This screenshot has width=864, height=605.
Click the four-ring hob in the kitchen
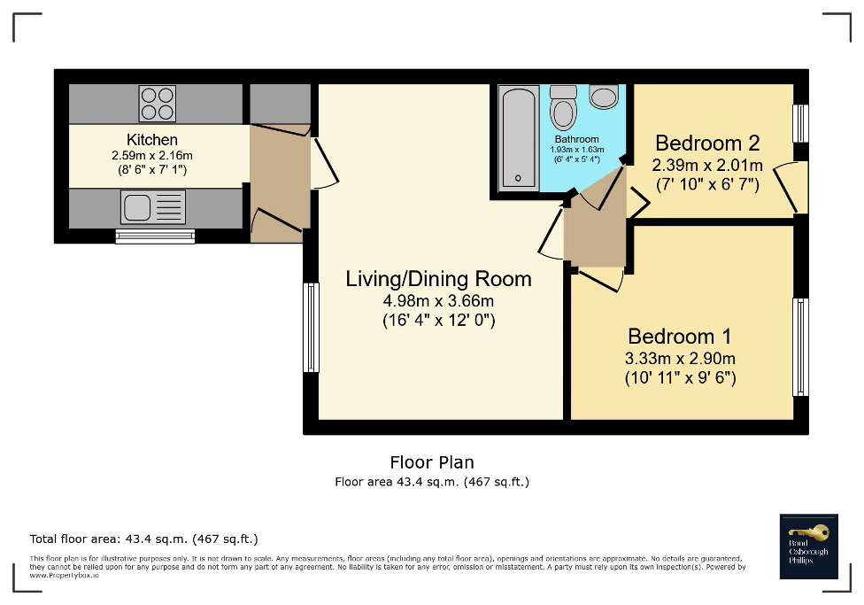[x=158, y=103]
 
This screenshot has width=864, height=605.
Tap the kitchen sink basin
[x=137, y=208]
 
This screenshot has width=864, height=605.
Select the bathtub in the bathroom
[x=517, y=138]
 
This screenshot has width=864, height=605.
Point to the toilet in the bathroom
[x=563, y=111]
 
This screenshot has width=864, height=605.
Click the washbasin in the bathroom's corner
[x=605, y=97]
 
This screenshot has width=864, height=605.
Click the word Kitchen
[x=152, y=140]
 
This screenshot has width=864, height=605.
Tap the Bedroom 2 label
[x=707, y=143]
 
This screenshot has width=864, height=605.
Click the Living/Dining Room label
[x=438, y=279]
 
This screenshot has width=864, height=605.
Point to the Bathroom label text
[x=576, y=139]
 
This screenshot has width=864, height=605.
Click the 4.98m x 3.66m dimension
[x=438, y=301]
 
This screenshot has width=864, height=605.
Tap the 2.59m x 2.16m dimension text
[x=152, y=155]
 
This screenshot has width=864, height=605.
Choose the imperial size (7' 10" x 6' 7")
[x=706, y=183]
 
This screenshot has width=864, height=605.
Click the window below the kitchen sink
[x=156, y=237]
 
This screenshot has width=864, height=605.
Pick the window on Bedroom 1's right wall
[x=800, y=346]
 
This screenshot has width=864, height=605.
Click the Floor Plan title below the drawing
[x=432, y=462]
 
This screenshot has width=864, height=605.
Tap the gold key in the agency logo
[x=816, y=532]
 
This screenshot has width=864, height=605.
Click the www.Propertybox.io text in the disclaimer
[x=65, y=575]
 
